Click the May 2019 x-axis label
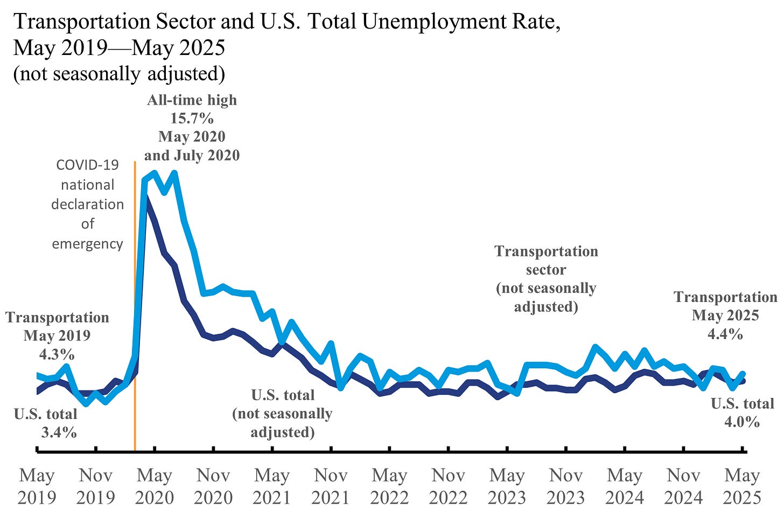point(37,486)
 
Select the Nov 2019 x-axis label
point(95,486)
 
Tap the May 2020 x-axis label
point(155,486)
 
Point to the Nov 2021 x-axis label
point(331,486)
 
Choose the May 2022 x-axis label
point(389,486)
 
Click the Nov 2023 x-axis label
point(566,486)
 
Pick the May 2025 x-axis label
point(742,486)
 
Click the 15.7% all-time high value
point(192,119)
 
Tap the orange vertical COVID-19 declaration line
point(135,324)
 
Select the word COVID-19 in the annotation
point(87,165)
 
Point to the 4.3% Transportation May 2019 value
point(57,354)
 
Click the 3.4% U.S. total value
point(59,432)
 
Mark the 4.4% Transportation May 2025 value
point(725,334)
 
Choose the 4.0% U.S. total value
point(741,422)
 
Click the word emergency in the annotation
point(87,244)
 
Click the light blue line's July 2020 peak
point(174,174)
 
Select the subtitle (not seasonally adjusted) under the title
point(119,74)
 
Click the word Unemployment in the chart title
point(433,22)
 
